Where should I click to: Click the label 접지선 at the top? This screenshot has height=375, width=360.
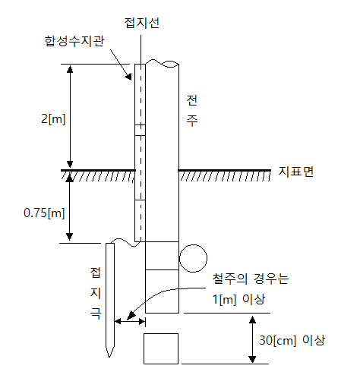[x=141, y=23]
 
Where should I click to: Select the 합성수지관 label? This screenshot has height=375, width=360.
[x=74, y=41]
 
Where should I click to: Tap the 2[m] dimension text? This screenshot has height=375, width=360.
[x=53, y=118]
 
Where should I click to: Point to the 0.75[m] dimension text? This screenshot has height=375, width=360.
[x=44, y=213]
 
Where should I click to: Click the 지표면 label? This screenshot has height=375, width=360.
[x=296, y=172]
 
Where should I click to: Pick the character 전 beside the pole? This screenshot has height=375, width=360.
[x=192, y=100]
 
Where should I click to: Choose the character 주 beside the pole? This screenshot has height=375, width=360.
[x=192, y=121]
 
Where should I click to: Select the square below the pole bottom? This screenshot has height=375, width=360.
[x=161, y=348]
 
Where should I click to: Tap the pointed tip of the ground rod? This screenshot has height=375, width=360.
[x=109, y=357]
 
